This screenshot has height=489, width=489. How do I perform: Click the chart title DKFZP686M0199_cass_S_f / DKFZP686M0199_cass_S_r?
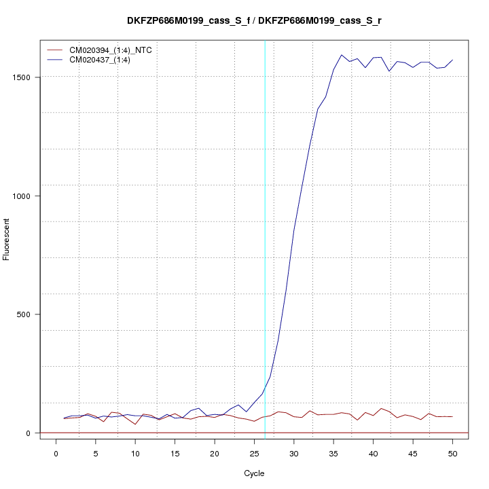point(254,20)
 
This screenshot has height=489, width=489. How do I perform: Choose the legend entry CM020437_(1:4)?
point(100,60)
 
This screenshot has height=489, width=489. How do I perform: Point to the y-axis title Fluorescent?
point(7,238)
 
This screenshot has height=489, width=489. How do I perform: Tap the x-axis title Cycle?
point(254,473)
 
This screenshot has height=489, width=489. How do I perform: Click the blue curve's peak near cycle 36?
point(342,55)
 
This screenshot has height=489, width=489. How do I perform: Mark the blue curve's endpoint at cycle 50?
point(452,60)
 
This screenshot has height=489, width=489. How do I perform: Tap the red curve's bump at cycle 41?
point(381,409)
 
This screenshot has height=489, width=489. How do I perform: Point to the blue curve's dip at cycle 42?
point(389,71)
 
